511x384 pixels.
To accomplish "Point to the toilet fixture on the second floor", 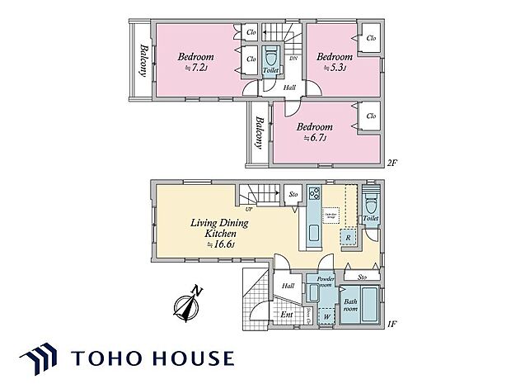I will pyautogui.click(x=270, y=60).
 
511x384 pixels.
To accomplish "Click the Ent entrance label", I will pyautogui.click(x=287, y=315).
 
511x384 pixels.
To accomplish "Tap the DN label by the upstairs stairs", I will pyautogui.click(x=293, y=59).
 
